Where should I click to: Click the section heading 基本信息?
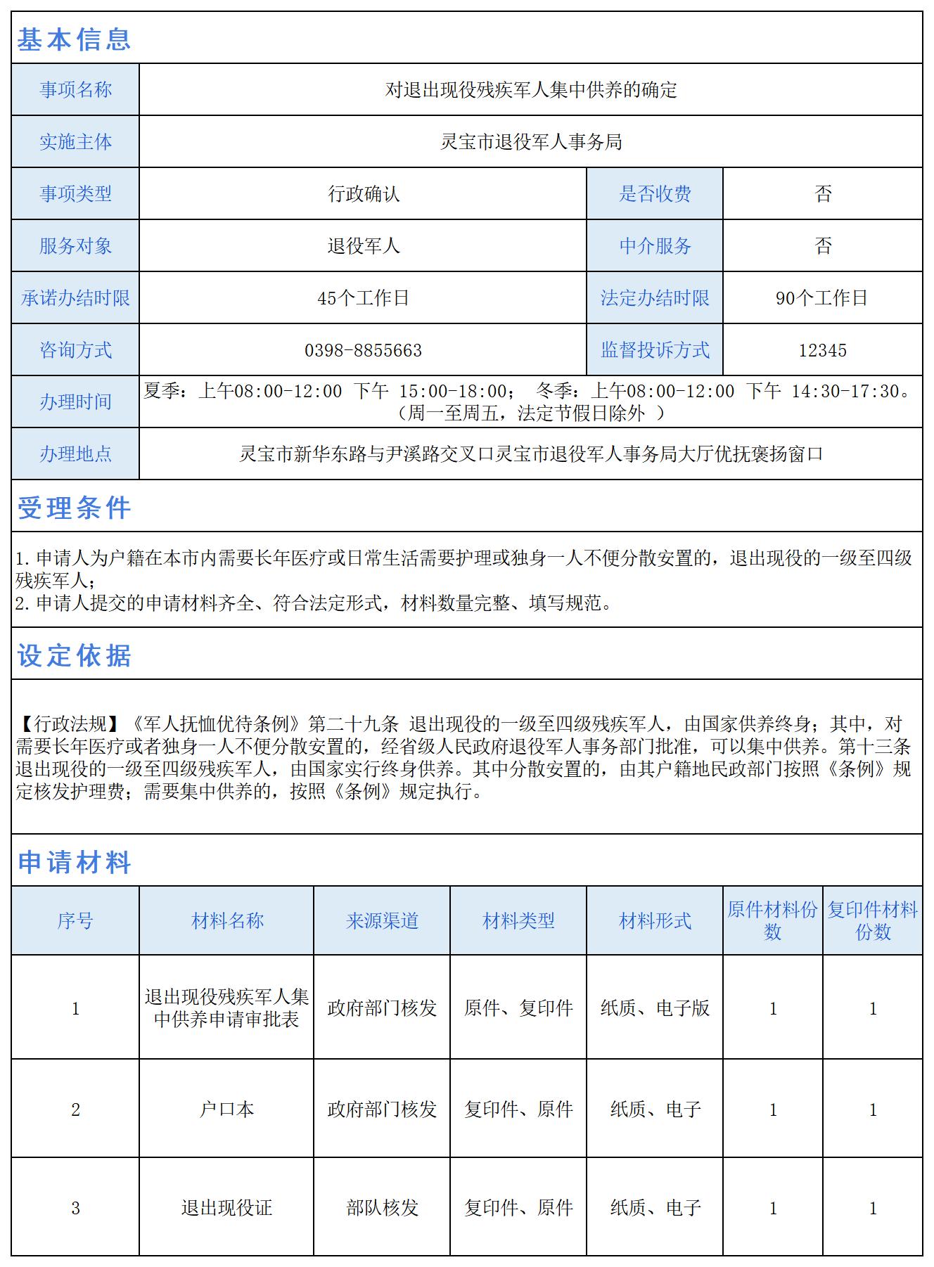pyautogui.click(x=74, y=39)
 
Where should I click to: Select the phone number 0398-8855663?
pyautogui.click(x=363, y=350)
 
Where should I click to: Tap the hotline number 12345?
pyautogui.click(x=822, y=350)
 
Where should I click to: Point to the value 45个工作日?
pyautogui.click(x=363, y=298)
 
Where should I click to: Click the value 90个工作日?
pyautogui.click(x=821, y=298)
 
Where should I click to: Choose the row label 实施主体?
pyautogui.click(x=75, y=142)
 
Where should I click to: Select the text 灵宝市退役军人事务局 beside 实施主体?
pyautogui.click(x=531, y=142)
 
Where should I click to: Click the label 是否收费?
pyautogui.click(x=655, y=194)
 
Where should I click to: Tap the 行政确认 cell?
pyautogui.click(x=363, y=194)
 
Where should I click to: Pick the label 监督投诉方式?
pyautogui.click(x=655, y=350)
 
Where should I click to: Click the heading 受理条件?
pyautogui.click(x=74, y=508)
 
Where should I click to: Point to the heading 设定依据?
pyautogui.click(x=74, y=655)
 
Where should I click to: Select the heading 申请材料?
pyautogui.click(x=74, y=862)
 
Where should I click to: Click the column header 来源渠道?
pyautogui.click(x=382, y=921)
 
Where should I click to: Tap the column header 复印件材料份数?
pyautogui.click(x=872, y=921)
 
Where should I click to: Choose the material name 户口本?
pyautogui.click(x=226, y=1110)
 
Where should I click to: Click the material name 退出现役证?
pyautogui.click(x=226, y=1208)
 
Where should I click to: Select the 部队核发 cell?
pyautogui.click(x=382, y=1208)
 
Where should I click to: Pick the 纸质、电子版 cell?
pyautogui.click(x=655, y=1008)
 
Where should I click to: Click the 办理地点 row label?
pyautogui.click(x=75, y=454)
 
